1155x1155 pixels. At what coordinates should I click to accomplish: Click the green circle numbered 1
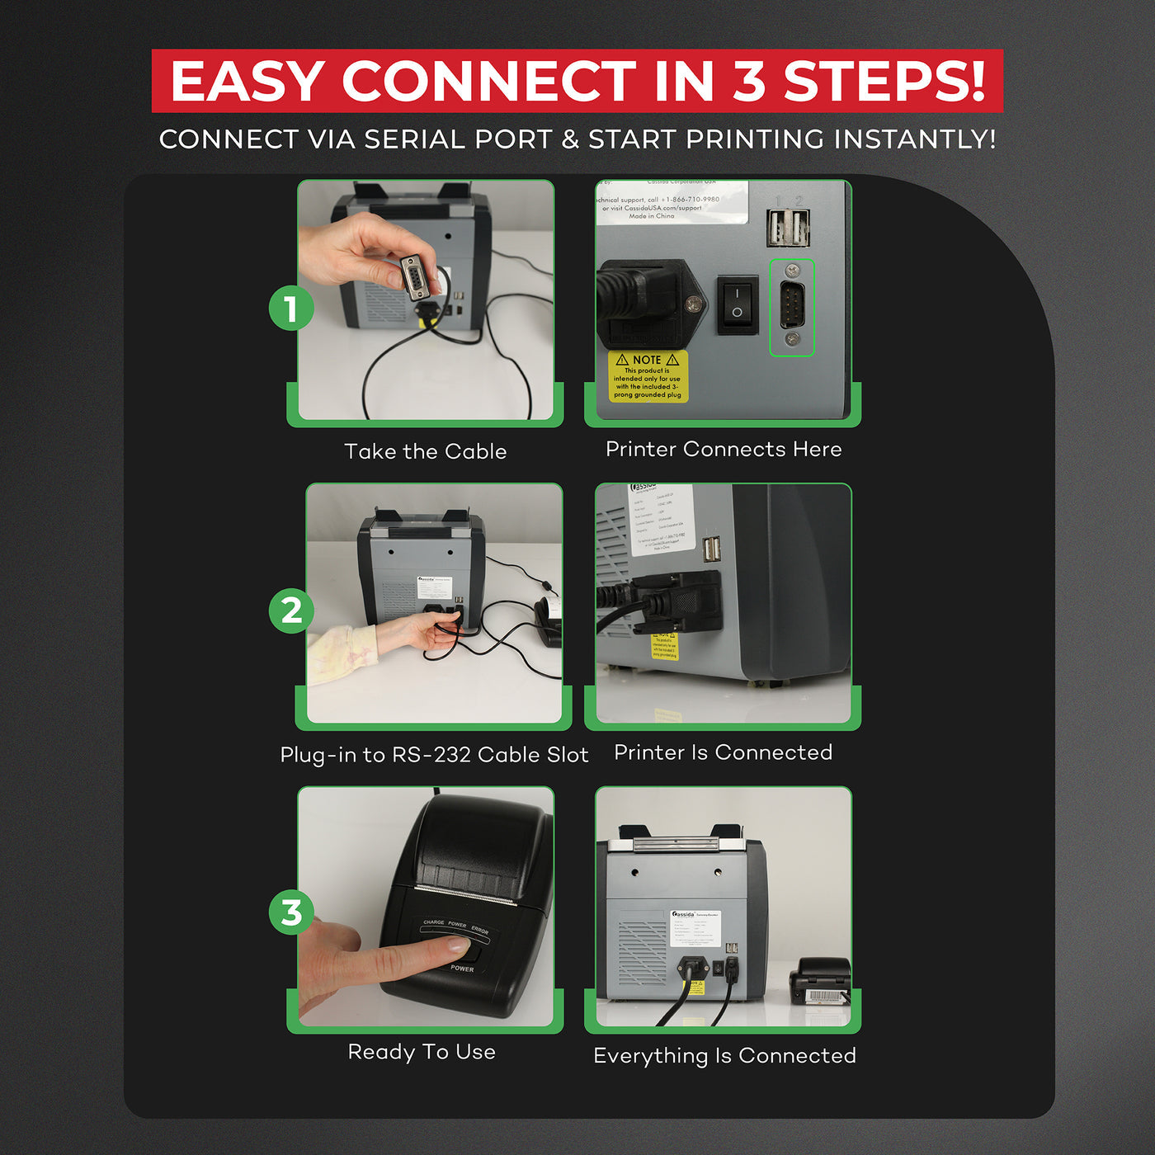291,309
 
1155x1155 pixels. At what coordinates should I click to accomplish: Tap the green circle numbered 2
291,611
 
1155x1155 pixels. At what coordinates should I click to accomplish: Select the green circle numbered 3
291,913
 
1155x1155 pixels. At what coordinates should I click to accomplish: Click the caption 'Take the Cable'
425,451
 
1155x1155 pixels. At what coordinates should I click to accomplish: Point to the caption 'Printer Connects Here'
724,449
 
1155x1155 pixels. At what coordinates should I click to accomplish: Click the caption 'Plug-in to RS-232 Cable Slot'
434,754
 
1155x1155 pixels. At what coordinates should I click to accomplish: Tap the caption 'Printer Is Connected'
724,752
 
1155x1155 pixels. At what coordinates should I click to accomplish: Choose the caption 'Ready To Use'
422,1052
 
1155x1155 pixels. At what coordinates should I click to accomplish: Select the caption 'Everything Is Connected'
724,1055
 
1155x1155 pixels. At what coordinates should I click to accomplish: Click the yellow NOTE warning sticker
648,377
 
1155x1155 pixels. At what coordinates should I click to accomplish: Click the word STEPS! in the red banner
884,81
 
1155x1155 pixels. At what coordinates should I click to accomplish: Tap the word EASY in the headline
247,81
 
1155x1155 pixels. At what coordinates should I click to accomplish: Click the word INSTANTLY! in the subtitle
914,139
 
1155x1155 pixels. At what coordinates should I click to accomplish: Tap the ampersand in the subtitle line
570,139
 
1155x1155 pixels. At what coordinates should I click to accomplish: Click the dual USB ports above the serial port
788,227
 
